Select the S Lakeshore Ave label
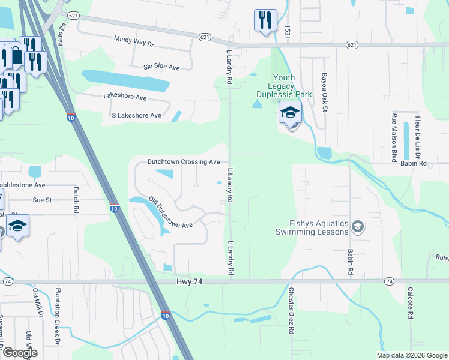click(132, 115)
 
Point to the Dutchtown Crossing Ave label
click(184, 162)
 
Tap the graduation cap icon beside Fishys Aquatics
click(358, 226)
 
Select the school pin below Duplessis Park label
click(290, 113)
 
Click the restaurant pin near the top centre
click(264, 19)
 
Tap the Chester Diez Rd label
click(291, 311)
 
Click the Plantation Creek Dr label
click(59, 319)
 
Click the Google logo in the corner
click(20, 353)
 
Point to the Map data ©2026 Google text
click(411, 355)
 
